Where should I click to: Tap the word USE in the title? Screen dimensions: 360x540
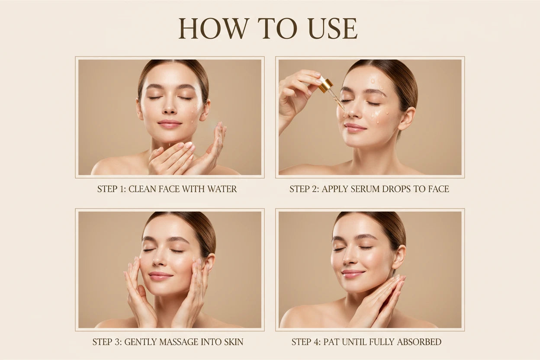tap(333, 29)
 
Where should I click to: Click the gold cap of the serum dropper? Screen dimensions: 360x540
tap(325, 85)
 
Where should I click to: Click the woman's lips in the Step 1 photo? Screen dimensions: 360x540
tap(170, 124)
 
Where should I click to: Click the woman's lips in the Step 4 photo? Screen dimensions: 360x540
tap(353, 273)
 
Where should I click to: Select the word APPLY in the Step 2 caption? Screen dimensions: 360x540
tap(333, 189)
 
